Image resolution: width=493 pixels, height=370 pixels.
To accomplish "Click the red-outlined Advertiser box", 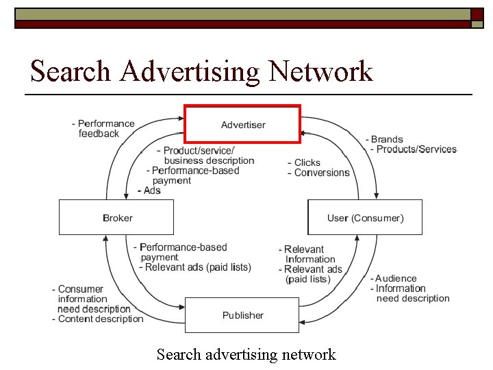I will pos(242,124).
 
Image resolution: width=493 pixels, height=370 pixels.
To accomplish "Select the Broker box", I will pos(116,217).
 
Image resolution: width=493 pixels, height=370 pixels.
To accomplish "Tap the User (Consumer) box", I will pos(365,217).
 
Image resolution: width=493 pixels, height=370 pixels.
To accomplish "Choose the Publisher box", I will pos(242,315).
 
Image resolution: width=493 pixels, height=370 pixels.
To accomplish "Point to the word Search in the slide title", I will pos(72,71).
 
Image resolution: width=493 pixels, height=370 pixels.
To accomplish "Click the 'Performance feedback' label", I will pos(103,129).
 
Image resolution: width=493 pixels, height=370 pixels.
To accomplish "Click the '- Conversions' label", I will pos(318,173).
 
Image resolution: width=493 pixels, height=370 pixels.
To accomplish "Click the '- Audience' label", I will pos(394,278).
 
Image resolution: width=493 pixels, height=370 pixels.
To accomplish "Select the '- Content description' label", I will pos(98,319).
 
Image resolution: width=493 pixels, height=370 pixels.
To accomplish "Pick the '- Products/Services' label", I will pos(413,149).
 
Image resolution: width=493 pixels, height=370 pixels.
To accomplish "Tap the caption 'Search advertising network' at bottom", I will pos(246,354).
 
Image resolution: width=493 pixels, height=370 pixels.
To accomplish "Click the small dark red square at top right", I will pos(477,14).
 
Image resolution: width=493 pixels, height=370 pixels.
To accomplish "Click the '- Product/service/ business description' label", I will pos(205,156).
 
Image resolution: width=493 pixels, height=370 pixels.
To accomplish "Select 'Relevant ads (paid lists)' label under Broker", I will pos(197,267).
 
